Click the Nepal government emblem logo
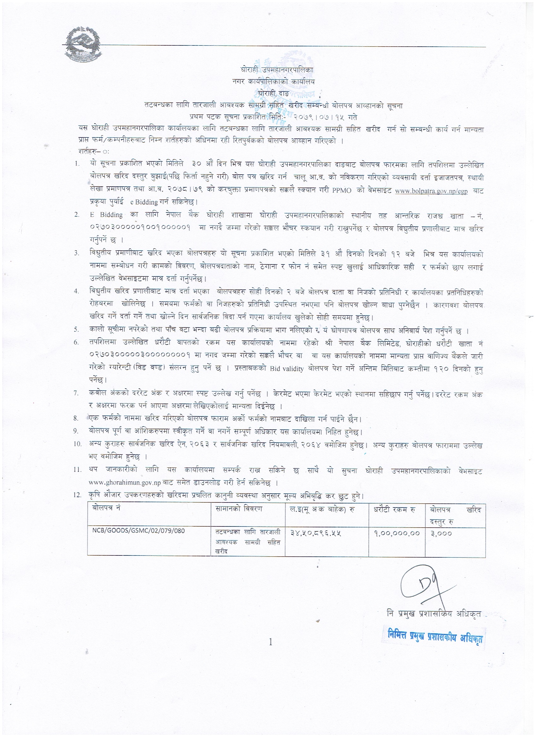pos(81,45)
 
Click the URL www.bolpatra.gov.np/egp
pos(431,191)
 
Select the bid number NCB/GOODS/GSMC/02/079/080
pos(139,531)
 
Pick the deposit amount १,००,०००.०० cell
pos(397,533)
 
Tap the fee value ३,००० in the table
pos(441,533)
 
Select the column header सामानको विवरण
pos(239,508)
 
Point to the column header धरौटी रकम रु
pos(394,509)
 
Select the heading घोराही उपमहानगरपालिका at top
pos(277,70)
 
